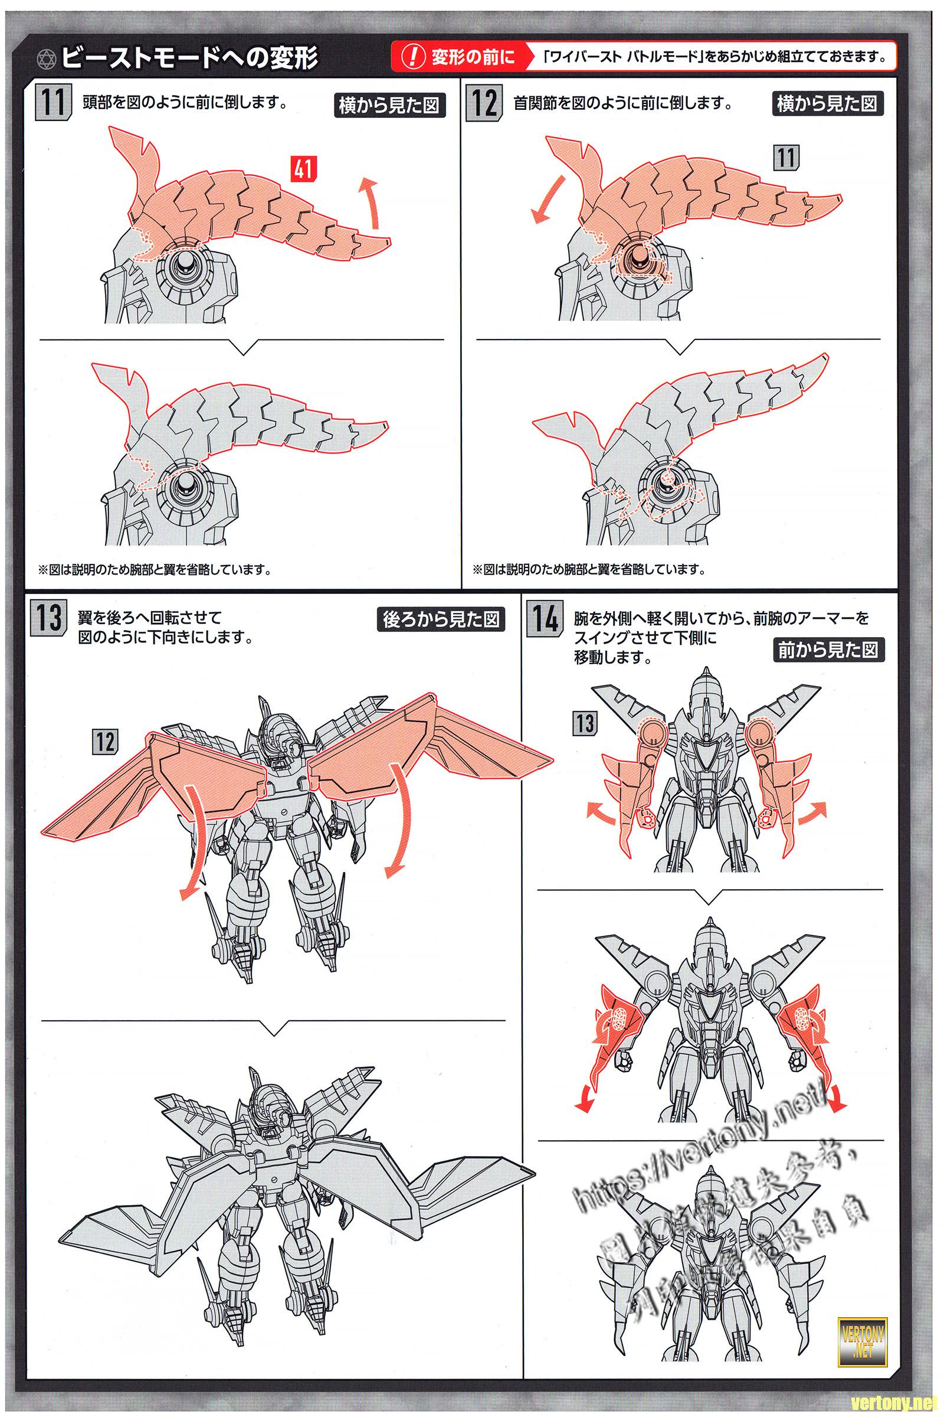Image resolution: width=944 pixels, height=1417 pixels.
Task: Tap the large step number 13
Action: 47,619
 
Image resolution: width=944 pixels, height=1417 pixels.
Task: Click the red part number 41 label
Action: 302,169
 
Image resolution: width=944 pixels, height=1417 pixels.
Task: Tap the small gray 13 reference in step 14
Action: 585,723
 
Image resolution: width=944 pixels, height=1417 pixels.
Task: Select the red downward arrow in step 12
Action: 544,201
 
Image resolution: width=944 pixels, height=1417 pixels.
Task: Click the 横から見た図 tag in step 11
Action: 389,106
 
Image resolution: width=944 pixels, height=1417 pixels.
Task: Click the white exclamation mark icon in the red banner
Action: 412,58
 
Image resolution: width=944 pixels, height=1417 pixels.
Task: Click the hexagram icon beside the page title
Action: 47,58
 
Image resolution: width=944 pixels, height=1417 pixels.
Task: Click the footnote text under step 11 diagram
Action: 154,569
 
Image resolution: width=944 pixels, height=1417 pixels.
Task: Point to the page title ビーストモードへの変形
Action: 190,58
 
